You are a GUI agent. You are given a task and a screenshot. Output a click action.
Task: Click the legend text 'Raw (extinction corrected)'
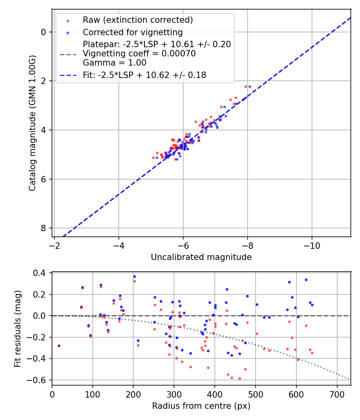coord(138,20)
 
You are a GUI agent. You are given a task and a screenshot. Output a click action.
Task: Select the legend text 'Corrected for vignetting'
coord(132,32)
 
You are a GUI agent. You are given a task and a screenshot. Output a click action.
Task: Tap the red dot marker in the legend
coord(68,20)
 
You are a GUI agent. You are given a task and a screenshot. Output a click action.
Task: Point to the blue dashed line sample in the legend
coord(67,75)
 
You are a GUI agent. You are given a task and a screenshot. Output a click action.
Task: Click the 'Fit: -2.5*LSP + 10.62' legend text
coord(144,75)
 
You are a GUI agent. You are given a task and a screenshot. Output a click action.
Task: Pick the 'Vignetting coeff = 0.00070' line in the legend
coord(139,54)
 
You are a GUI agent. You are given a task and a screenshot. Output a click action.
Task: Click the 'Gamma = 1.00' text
coord(114,63)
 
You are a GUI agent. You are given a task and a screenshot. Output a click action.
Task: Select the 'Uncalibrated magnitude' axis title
coord(201,257)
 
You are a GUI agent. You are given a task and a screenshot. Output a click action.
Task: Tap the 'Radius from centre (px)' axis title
coord(201,406)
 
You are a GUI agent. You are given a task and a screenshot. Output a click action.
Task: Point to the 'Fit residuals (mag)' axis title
coord(17,329)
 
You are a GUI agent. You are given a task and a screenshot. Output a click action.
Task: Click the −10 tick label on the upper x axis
coord(312,246)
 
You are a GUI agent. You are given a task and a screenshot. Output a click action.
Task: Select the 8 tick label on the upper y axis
coord(44,228)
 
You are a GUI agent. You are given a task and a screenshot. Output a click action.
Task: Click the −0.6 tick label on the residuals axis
coord(39,380)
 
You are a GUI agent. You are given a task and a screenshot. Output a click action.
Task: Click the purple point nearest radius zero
coord(59,346)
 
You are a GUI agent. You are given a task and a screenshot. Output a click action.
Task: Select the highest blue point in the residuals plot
coord(134,276)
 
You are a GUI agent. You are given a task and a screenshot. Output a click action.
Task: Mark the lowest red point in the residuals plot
coord(240,378)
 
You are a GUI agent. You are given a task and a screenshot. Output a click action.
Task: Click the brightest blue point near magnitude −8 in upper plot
coord(250,86)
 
